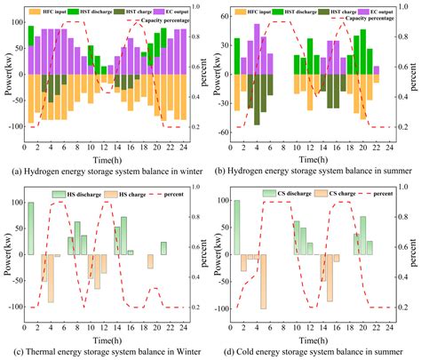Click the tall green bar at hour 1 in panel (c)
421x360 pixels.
[31, 204]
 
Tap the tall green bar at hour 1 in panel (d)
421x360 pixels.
[236, 203]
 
